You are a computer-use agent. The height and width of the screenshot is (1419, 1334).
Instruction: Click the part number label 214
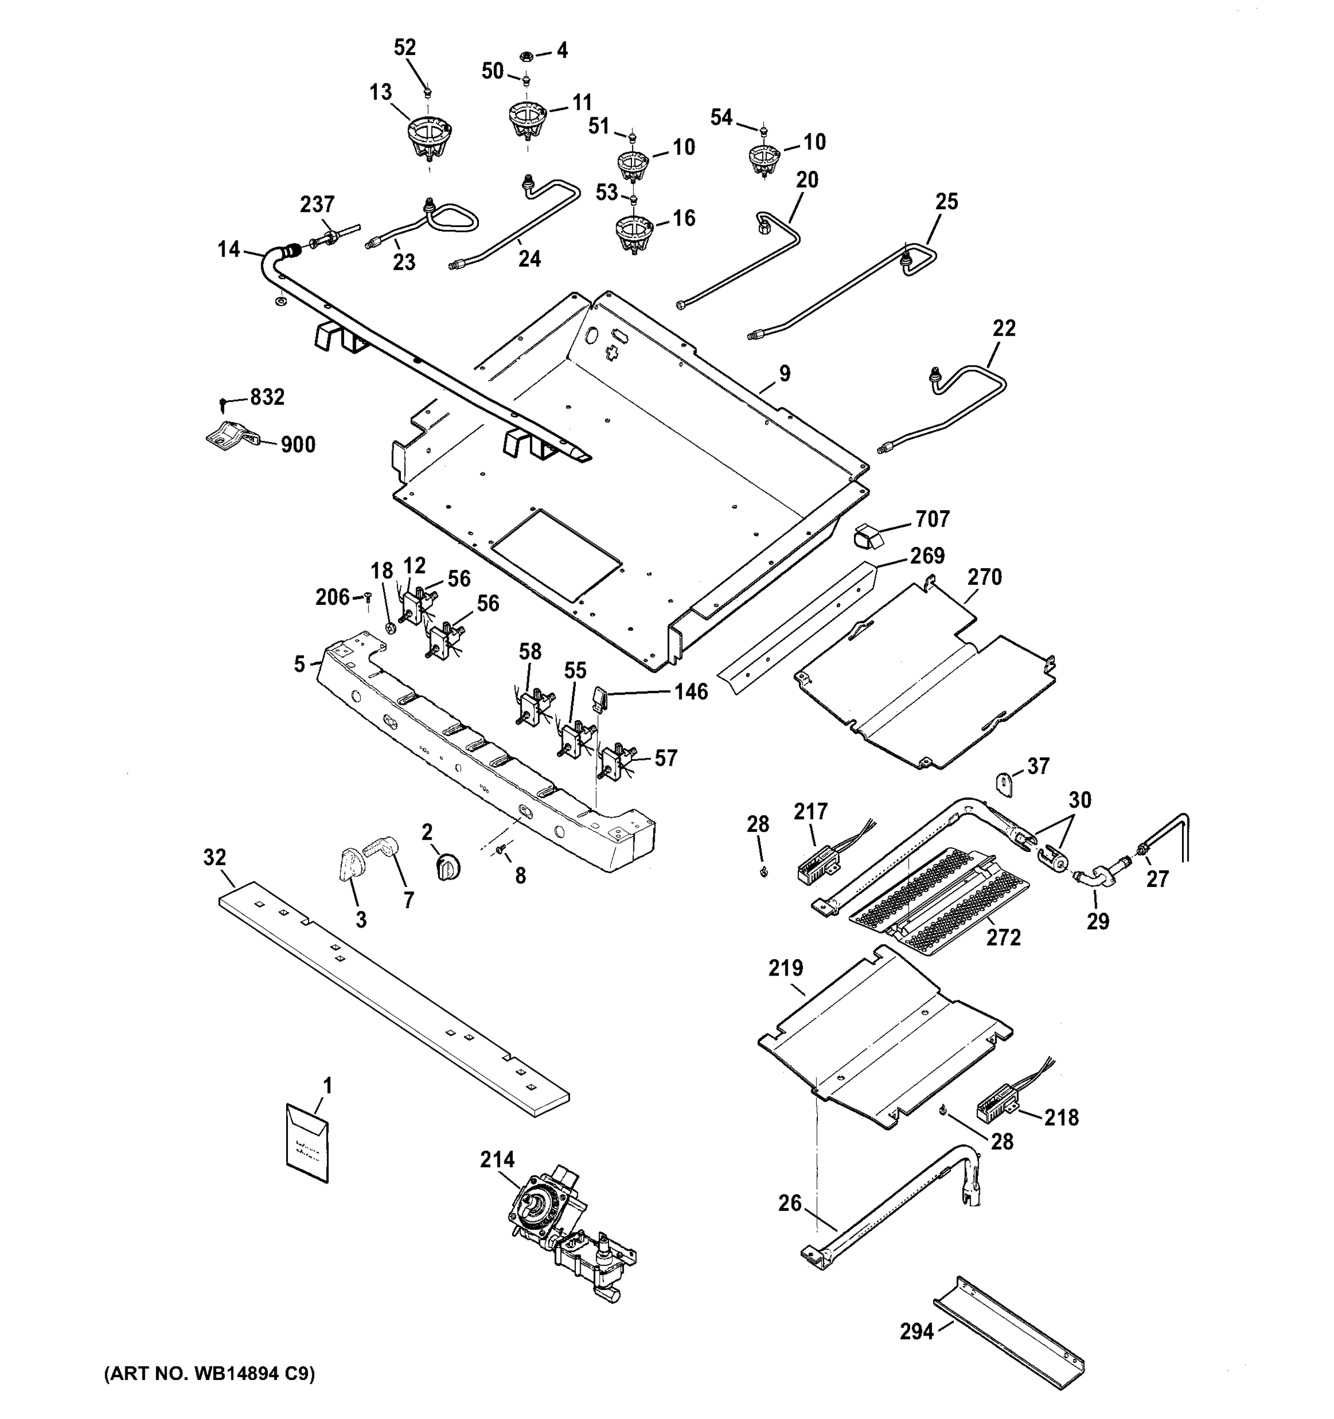click(x=497, y=1160)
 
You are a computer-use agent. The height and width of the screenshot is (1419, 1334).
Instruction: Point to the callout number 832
click(x=266, y=397)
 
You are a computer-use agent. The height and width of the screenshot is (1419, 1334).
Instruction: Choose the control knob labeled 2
click(x=448, y=867)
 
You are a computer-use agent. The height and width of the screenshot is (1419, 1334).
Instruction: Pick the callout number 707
click(x=932, y=519)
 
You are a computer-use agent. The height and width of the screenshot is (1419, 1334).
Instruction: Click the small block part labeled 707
click(x=867, y=534)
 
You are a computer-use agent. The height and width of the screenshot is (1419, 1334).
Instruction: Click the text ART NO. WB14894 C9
click(x=209, y=1373)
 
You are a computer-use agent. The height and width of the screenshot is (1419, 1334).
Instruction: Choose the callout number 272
click(x=1003, y=937)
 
